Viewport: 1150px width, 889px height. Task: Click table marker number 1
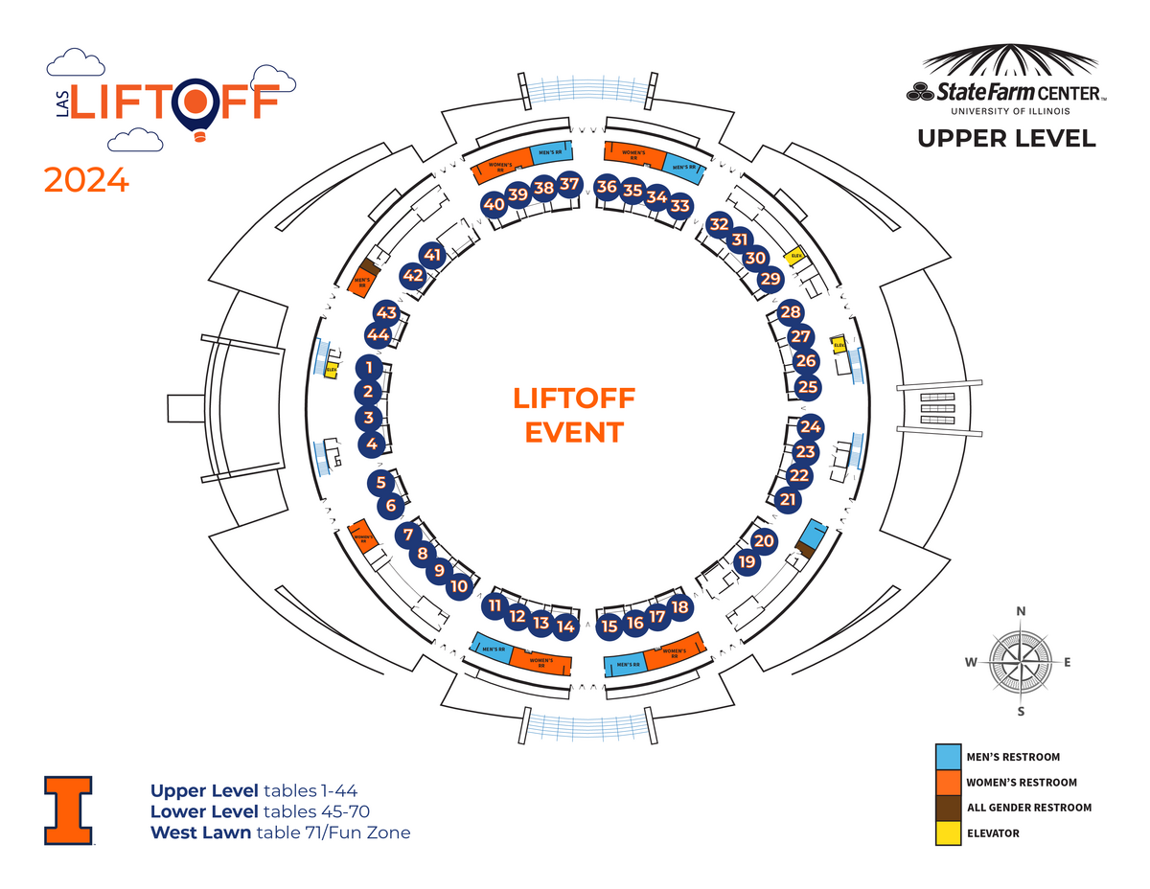369,367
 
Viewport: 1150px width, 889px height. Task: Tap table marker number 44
378,335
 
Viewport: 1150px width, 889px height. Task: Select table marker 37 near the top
569,184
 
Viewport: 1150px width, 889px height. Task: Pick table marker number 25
809,387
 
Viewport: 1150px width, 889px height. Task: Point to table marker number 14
565,627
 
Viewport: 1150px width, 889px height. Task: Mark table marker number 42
413,276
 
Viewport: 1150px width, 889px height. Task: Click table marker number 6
390,505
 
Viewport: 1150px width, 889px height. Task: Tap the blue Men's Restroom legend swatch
948,757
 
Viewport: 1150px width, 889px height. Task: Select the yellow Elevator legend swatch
948,832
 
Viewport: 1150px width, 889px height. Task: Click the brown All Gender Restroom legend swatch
948,808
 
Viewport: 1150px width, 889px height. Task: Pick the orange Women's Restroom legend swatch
948,782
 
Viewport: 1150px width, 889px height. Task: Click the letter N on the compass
1022,611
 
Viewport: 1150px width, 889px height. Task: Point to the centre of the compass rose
1022,661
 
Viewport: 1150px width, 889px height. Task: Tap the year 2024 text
86,180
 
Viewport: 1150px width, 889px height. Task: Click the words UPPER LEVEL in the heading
1006,138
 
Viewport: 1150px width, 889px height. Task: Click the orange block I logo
68,809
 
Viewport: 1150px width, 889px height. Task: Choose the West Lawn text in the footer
201,832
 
